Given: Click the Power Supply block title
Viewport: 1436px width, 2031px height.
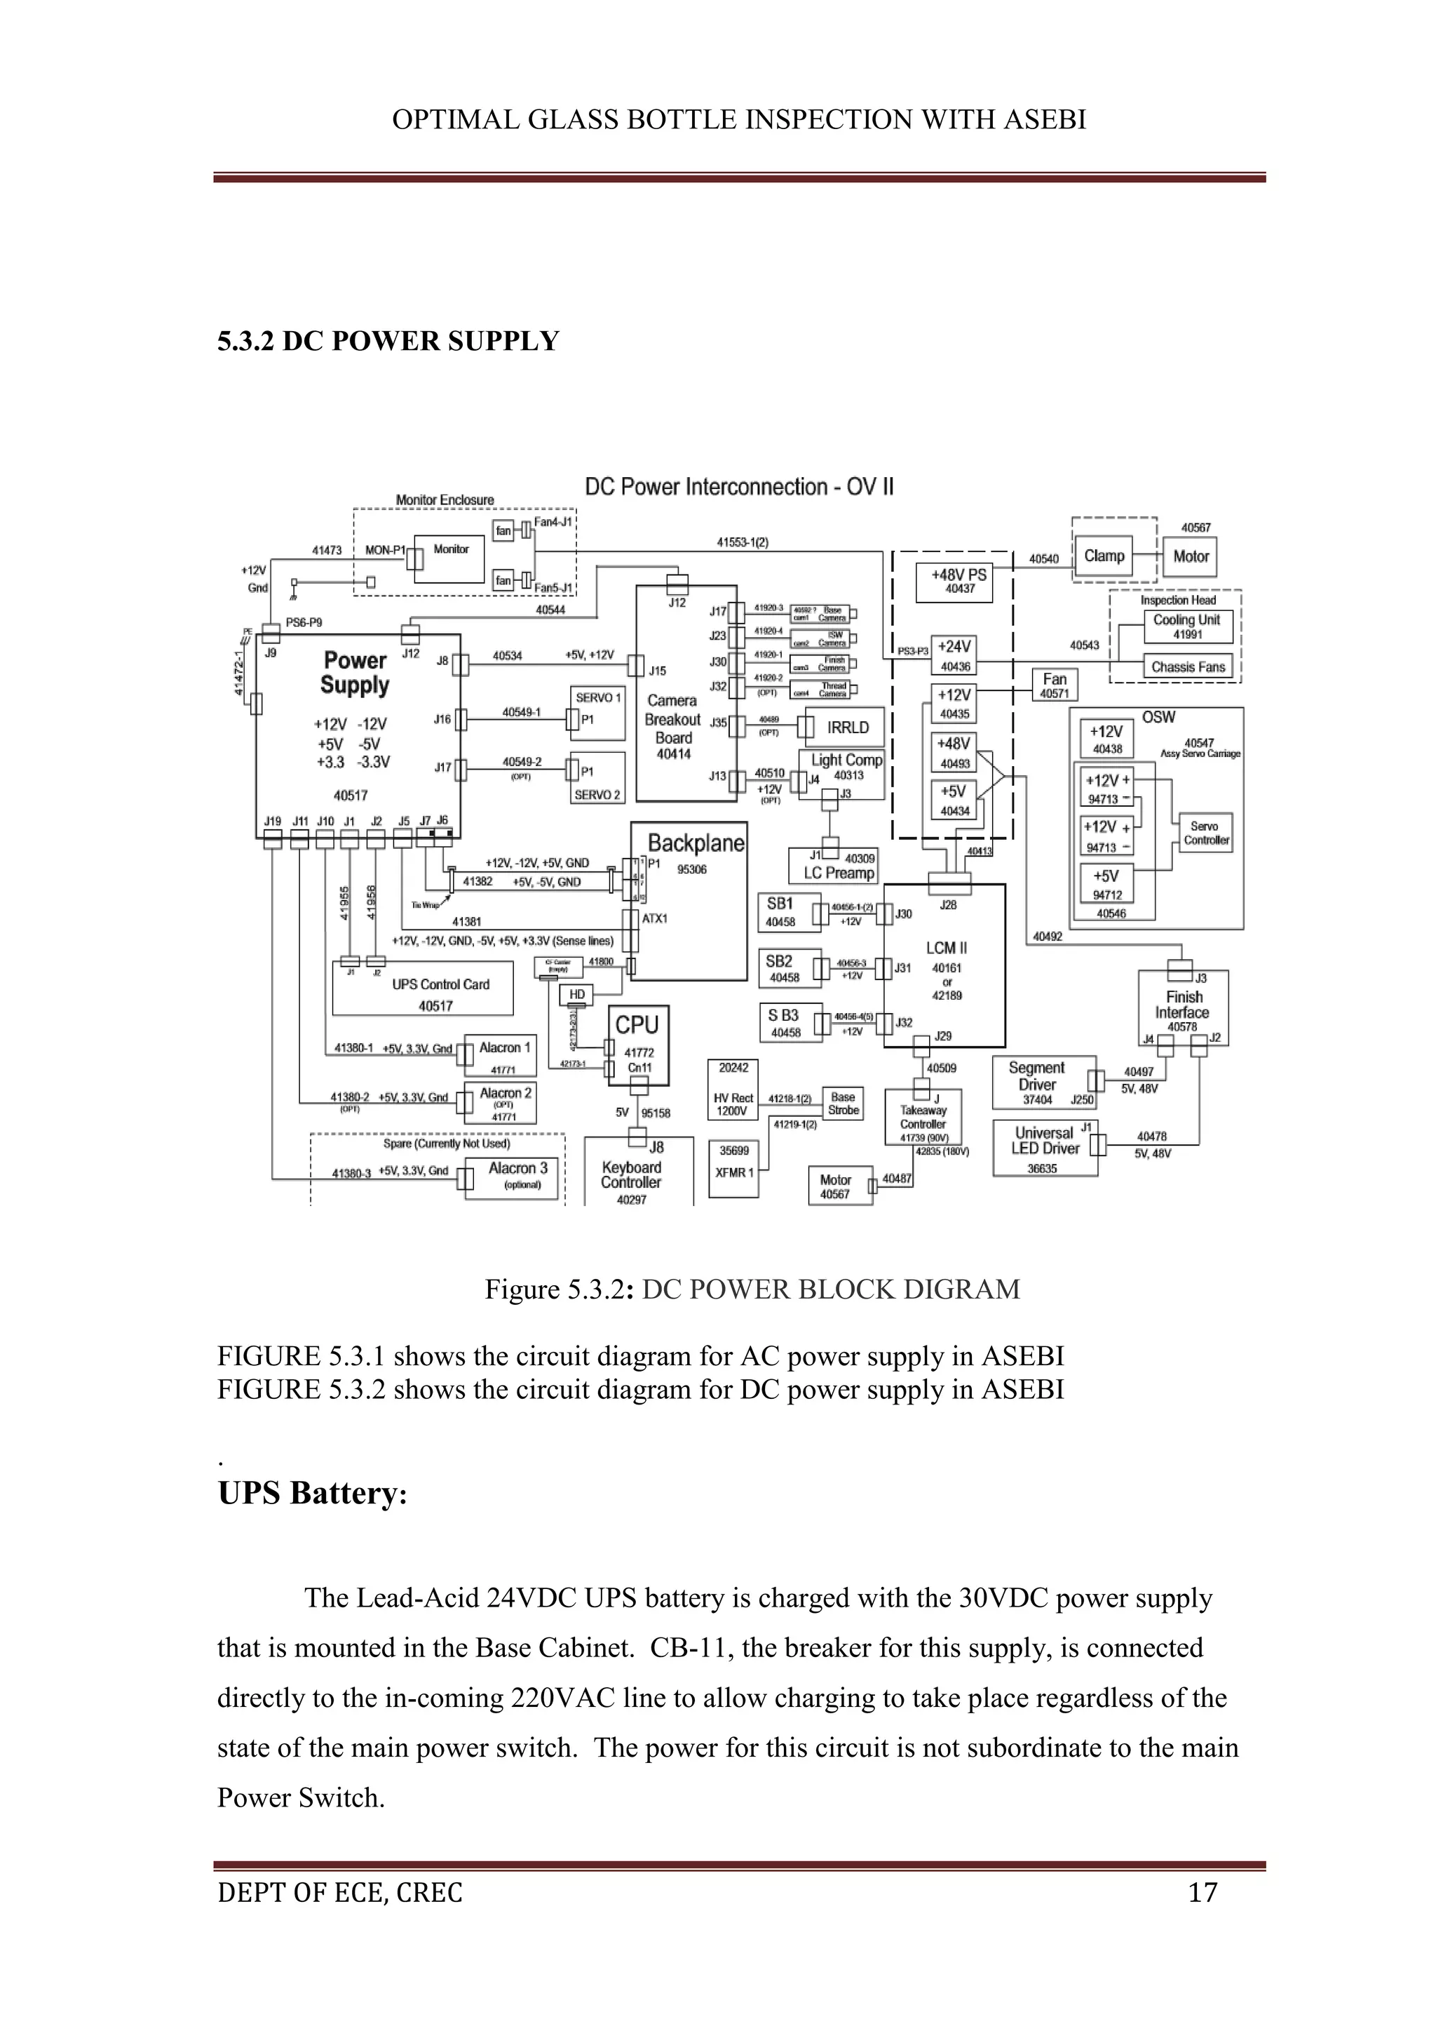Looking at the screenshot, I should tap(355, 673).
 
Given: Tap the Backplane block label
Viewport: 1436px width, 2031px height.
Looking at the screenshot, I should tap(696, 843).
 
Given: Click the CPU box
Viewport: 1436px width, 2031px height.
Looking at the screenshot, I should tap(637, 1044).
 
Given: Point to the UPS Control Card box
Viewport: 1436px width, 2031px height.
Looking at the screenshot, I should tap(423, 988).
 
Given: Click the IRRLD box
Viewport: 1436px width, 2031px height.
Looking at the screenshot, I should tap(847, 727).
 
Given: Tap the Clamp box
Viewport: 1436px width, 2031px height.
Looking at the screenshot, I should tap(1104, 556).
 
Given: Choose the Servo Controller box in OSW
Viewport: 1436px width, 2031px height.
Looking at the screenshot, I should tap(1205, 833).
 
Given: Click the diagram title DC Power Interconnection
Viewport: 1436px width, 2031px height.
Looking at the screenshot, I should tap(739, 488).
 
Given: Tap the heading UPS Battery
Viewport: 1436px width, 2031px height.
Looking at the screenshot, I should tap(312, 1492).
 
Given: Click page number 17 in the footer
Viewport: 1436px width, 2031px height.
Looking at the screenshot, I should tap(1203, 1892).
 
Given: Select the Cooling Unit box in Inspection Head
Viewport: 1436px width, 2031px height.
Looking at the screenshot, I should tap(1186, 626).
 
